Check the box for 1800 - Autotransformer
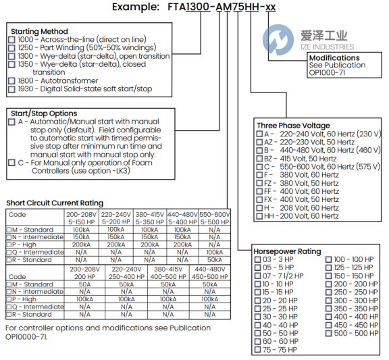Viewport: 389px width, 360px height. coord(11,81)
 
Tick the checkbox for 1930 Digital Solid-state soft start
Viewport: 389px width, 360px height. coord(11,89)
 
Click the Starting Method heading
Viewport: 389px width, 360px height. coord(39,32)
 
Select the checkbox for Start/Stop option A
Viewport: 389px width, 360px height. coord(11,122)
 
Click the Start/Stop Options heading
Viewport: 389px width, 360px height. coord(44,113)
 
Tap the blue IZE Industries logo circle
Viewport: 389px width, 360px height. coord(278,40)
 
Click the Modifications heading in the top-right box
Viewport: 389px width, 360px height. coord(334,58)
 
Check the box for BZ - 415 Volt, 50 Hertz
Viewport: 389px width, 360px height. coord(259,159)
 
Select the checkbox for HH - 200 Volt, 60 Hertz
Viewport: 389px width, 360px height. coord(259,216)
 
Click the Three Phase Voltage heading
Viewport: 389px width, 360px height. coord(294,126)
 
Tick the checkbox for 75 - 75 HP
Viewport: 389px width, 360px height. coord(258,350)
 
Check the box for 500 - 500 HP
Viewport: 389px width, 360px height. coord(329,333)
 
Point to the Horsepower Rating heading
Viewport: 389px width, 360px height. coord(287,251)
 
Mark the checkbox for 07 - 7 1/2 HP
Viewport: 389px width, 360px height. coord(258,276)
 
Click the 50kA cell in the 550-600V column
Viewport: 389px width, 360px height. coord(215,260)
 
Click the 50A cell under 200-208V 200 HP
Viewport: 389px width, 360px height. coord(84,284)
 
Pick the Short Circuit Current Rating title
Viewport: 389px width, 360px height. coord(55,203)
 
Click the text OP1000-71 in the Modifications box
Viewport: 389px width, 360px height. coord(327,73)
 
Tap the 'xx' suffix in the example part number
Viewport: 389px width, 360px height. coord(270,7)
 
